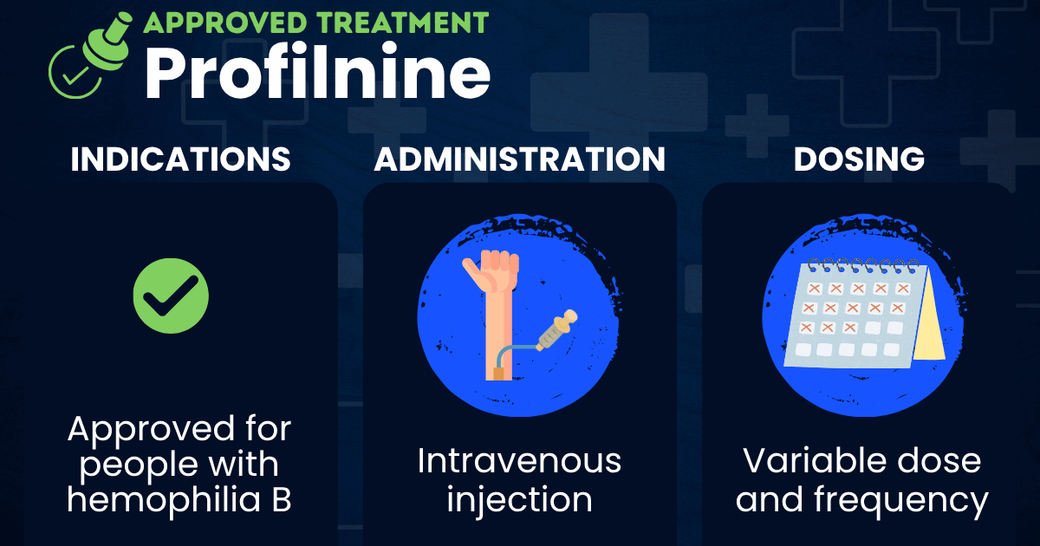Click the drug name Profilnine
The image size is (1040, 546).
[317, 72]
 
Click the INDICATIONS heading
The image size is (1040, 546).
[180, 159]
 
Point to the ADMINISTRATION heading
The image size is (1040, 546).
[520, 159]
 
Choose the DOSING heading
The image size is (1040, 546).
[859, 159]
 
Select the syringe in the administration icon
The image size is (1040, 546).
[556, 330]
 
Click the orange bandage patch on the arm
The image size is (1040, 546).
[498, 373]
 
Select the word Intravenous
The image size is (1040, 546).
[519, 461]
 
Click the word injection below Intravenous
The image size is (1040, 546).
[519, 500]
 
